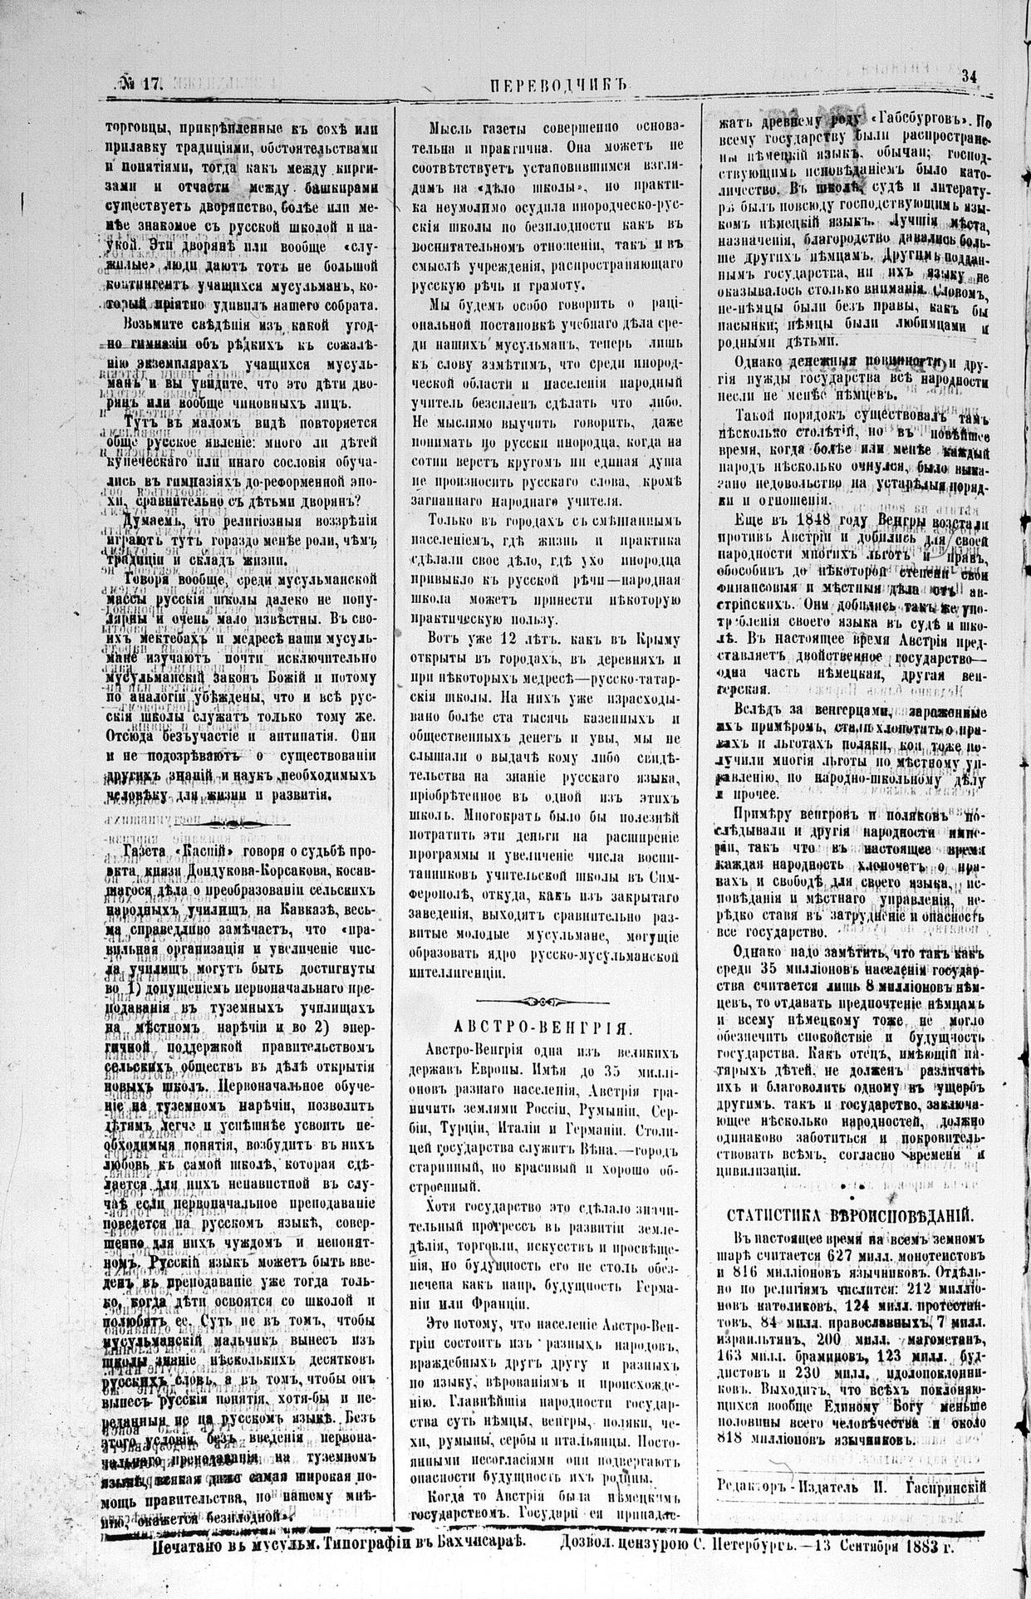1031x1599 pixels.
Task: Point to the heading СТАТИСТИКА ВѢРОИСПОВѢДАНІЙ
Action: click(850, 1214)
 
